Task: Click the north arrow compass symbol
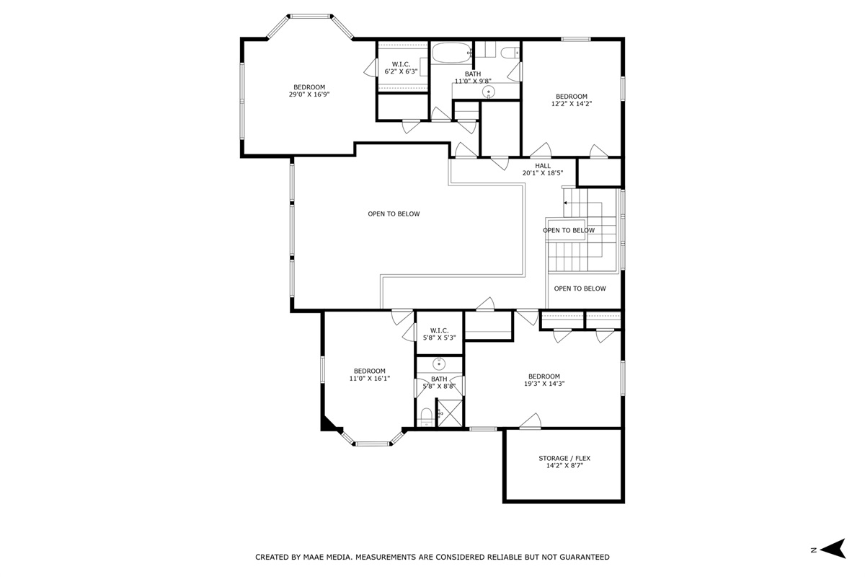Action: [x=833, y=549]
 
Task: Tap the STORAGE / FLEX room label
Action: [x=564, y=458]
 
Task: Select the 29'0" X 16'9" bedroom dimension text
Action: [x=309, y=94]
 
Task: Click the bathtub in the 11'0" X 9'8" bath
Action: [x=451, y=53]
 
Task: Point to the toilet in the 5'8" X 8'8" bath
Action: [x=426, y=418]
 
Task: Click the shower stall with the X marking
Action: [x=450, y=413]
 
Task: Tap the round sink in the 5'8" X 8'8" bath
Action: [x=439, y=364]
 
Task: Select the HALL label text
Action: [x=543, y=166]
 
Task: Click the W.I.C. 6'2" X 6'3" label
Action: [x=402, y=68]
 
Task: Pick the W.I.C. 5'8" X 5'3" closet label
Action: [x=440, y=334]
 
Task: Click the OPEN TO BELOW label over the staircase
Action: [x=569, y=230]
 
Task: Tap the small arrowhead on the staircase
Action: [x=565, y=203]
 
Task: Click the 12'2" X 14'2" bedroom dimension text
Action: [x=572, y=104]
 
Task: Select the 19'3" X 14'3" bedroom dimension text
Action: [x=544, y=384]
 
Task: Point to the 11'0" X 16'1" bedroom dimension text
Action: [x=370, y=379]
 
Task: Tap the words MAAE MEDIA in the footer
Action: [x=328, y=557]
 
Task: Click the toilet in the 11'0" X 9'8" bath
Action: [x=510, y=53]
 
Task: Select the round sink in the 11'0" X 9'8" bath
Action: [x=489, y=92]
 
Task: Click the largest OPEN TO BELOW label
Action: [x=394, y=213]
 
